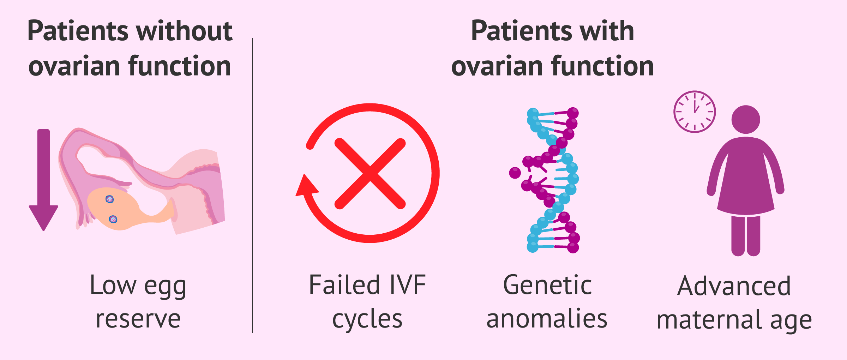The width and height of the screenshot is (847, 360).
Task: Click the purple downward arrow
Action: pos(43,180)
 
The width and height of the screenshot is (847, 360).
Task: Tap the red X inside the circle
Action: pos(370,174)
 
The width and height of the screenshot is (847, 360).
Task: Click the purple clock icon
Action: pos(695,112)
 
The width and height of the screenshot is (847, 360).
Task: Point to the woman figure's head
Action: pos(746,119)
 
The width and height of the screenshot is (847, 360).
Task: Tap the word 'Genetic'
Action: pos(547,285)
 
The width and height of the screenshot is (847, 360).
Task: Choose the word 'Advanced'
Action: pos(734,286)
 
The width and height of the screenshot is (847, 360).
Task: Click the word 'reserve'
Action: pos(138,319)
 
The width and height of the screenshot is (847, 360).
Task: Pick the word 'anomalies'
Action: pos(547,318)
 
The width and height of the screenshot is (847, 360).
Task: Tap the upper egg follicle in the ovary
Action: pos(110,199)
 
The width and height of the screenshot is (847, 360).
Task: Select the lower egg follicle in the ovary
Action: pos(113,220)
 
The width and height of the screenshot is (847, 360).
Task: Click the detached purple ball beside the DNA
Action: pos(515,173)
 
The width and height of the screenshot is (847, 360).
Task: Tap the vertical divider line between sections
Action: pos(253,185)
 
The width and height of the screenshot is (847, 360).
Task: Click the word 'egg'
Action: pos(165,287)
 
